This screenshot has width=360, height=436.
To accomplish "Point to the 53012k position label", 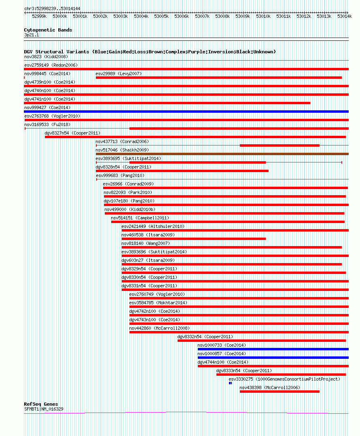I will point(304,16).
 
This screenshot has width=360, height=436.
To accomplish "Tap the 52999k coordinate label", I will point(39,16).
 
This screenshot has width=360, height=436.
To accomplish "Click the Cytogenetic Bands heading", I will point(48,30).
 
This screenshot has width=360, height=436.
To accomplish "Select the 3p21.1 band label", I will point(32,35).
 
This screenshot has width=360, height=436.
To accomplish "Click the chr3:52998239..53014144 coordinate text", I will point(52,8).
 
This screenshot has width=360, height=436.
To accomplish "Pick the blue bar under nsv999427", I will point(186,112).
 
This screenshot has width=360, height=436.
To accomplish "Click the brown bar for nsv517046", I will point(222,154).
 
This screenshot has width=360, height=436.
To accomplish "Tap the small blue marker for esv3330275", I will point(230,383).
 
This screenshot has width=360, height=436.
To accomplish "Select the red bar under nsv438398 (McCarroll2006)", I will point(280,391).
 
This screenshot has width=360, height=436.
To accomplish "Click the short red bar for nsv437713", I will point(280,145).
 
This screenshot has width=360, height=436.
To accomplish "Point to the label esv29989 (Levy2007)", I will point(119,74).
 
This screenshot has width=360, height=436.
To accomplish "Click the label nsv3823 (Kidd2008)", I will point(46,57).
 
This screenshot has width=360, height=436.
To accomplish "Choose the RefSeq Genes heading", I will point(41,404).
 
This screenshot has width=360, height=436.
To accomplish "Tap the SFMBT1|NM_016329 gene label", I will point(44,409).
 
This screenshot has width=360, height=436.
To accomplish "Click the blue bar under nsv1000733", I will point(273,349).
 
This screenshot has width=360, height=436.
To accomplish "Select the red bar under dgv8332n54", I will point(261,341).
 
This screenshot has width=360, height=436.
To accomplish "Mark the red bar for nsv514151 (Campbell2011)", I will point(228,222).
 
